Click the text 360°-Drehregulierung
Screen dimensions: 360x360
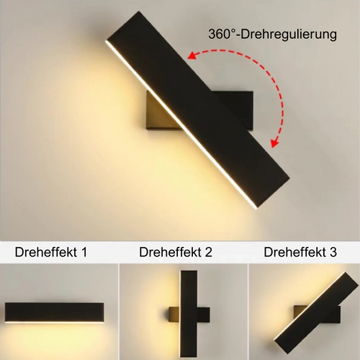(x=272, y=35)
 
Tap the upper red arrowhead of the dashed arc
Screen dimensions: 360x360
(x=193, y=55)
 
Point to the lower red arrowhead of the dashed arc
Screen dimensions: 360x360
(x=275, y=143)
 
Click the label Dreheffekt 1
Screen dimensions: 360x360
(x=51, y=252)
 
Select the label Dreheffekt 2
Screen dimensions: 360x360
(x=176, y=252)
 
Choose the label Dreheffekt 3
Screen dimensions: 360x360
(x=300, y=252)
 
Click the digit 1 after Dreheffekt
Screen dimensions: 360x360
(x=84, y=253)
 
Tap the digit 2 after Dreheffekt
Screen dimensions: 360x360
(x=208, y=253)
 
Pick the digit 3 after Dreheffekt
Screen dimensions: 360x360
(x=333, y=253)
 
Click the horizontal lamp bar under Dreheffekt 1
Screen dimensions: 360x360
(x=55, y=312)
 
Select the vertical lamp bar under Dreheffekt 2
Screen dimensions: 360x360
(x=189, y=314)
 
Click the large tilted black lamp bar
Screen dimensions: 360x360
(x=197, y=110)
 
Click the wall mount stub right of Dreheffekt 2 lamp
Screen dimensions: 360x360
(x=203, y=315)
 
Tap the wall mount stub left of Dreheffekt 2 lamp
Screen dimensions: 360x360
(x=175, y=315)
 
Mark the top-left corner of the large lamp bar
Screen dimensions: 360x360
(x=106, y=41)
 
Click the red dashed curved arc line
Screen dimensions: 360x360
(x=264, y=70)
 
